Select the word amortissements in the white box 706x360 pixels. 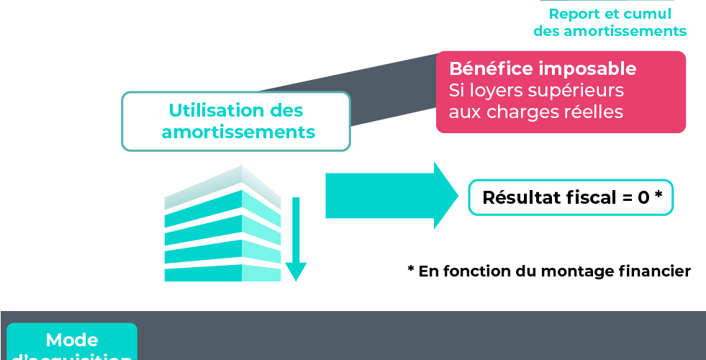point(238,132)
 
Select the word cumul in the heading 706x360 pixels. point(648,14)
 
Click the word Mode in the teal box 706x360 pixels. point(71,340)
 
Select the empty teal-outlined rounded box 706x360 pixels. point(571,197)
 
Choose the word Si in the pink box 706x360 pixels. point(457,91)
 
